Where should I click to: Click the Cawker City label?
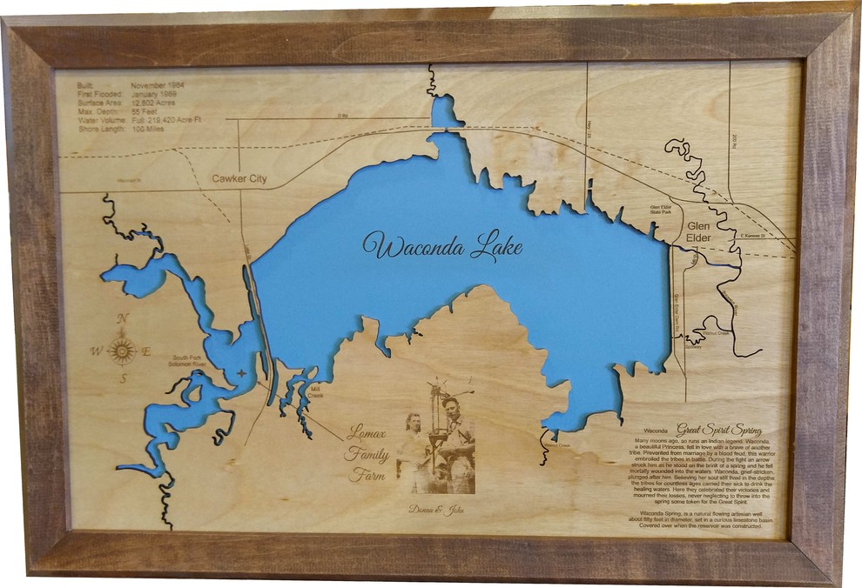tap(239, 180)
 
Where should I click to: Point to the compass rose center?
tap(122, 351)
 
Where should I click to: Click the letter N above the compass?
tap(123, 319)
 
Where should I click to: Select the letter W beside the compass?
tap(94, 351)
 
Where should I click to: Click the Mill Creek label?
tap(315, 391)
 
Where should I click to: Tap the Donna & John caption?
tap(436, 509)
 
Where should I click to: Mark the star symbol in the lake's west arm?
tap(242, 373)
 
